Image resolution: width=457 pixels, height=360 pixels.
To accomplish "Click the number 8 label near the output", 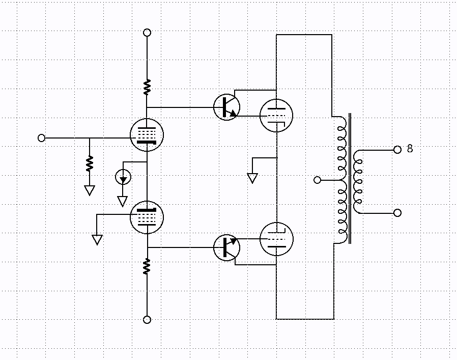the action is tap(410, 149).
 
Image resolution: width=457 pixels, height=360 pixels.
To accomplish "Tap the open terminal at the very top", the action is tap(147, 33).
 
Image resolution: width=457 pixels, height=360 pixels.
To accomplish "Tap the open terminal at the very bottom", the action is tap(147, 320).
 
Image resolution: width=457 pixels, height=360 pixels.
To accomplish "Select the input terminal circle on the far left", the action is tap(42, 138).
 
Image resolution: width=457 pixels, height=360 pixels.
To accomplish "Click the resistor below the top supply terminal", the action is tap(147, 87).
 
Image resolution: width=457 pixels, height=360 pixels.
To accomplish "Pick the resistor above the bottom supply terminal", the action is tap(147, 266).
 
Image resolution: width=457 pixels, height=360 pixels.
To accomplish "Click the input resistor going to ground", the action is tap(90, 163).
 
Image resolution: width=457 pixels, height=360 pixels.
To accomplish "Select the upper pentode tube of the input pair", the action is tap(147, 135).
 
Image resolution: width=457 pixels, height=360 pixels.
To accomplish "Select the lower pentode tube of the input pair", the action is tap(147, 217).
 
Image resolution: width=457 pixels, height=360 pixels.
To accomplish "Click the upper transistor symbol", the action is tap(227, 107).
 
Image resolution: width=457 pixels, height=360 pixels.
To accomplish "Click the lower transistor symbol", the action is tap(227, 247).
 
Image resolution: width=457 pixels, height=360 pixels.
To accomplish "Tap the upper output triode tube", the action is tap(276, 116).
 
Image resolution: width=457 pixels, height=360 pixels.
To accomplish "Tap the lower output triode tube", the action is tap(276, 239).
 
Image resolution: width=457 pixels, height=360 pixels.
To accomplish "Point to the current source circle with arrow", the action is tap(123, 177).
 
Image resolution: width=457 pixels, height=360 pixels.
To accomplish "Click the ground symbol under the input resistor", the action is tap(90, 190).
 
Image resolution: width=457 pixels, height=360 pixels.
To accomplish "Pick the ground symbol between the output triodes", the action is tap(252, 178).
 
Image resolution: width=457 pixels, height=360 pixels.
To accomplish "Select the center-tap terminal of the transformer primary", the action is tap(318, 180).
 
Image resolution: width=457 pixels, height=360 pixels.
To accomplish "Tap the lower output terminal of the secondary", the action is tap(397, 213).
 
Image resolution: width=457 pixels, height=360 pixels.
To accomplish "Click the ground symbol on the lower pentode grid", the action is tap(97, 239).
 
